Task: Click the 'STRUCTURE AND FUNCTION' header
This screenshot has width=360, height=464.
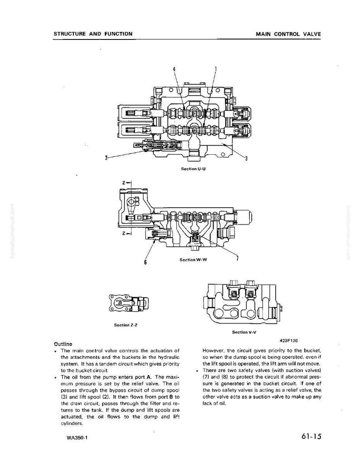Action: [93, 34]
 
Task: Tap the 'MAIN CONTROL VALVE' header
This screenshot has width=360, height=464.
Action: [288, 34]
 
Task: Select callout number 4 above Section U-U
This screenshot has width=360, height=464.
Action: [174, 69]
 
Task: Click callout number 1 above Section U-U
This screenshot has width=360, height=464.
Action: [216, 69]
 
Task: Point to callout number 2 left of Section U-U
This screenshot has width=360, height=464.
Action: [106, 157]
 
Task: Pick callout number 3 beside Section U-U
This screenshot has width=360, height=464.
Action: [246, 159]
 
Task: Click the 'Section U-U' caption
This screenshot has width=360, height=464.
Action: [193, 169]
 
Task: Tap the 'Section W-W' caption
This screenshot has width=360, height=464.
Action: [193, 260]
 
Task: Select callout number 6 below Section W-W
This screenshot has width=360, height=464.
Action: [145, 262]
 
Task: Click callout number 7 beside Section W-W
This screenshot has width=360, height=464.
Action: [238, 258]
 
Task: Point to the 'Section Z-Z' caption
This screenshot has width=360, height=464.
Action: [126, 325]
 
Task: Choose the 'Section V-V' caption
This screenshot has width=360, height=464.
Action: [244, 332]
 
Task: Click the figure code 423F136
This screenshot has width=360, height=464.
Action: [288, 341]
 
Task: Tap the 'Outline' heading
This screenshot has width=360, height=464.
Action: [63, 344]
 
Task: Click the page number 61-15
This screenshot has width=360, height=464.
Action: [311, 436]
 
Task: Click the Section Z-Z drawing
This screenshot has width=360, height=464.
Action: [129, 303]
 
